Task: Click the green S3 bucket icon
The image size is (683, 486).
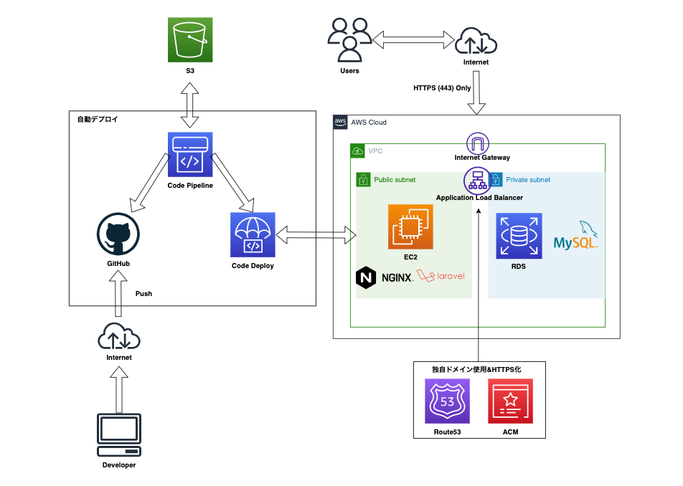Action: coord(190,39)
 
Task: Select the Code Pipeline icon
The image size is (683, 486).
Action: coord(189,154)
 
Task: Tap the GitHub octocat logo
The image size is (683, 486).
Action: coord(118,237)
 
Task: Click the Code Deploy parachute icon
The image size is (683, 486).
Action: coord(253,234)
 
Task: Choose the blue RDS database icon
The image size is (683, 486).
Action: coord(519,235)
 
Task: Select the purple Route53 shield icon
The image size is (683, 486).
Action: coord(446,401)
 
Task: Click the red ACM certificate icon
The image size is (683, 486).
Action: coord(510,401)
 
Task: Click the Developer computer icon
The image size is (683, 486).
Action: coord(118,434)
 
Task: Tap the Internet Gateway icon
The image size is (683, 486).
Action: coord(477,143)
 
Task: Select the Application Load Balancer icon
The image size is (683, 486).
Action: coord(476,180)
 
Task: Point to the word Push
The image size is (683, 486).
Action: coord(143,294)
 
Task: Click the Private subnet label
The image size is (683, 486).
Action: coord(528,180)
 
